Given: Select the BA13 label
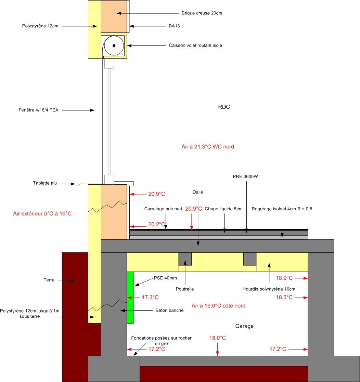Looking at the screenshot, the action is pyautogui.click(x=174, y=26).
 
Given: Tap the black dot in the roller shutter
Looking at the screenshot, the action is pyautogui.click(x=114, y=45).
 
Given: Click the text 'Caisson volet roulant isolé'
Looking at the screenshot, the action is pyautogui.click(x=195, y=45).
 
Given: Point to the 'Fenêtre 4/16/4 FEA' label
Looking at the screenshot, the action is pyautogui.click(x=38, y=110).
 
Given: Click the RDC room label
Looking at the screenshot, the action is pyautogui.click(x=224, y=107).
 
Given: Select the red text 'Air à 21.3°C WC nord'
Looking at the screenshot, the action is pyautogui.click(x=208, y=147).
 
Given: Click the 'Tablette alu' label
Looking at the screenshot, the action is pyautogui.click(x=45, y=183).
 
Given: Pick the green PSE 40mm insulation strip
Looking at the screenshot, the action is pyautogui.click(x=130, y=298).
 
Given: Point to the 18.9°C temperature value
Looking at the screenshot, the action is pyautogui.click(x=284, y=278).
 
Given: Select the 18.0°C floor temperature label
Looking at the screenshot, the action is pyautogui.click(x=218, y=338).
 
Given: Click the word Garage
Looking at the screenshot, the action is pyautogui.click(x=244, y=326).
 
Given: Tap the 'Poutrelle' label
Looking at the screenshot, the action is pyautogui.click(x=185, y=289).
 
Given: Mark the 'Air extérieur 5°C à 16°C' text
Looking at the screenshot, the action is pyautogui.click(x=42, y=213).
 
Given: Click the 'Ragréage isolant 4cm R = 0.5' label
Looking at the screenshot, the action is pyautogui.click(x=282, y=209).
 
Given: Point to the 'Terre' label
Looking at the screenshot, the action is pyautogui.click(x=49, y=280).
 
